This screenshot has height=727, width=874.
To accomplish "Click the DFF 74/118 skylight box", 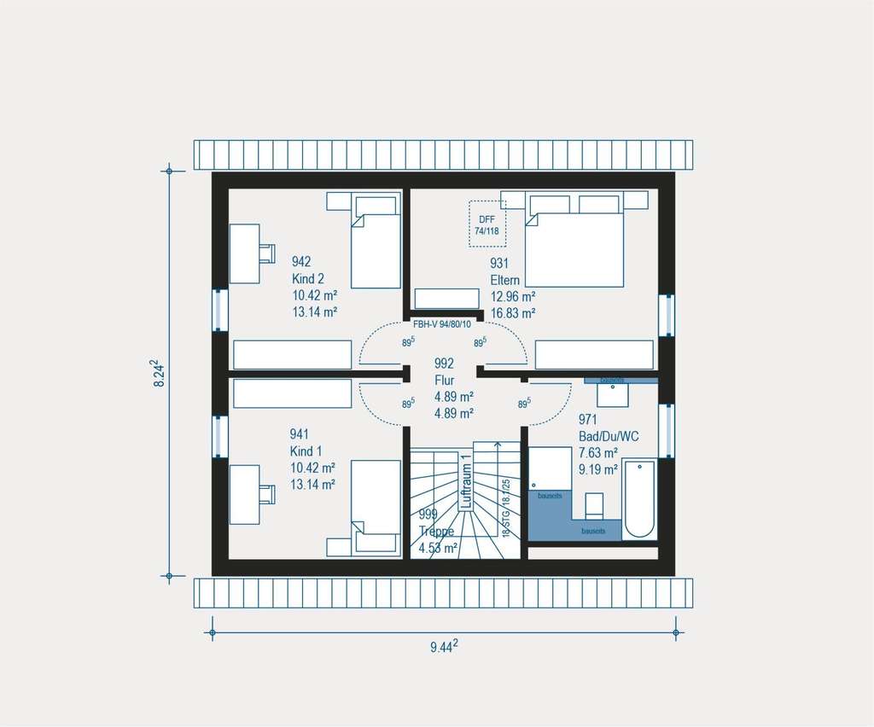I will click(x=487, y=224).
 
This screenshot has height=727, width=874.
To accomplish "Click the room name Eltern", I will click(x=504, y=280).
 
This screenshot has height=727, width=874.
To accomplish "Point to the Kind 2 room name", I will click(x=307, y=279).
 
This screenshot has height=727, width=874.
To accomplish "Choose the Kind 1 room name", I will click(x=306, y=451).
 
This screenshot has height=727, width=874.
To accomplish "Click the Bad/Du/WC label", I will click(x=608, y=436).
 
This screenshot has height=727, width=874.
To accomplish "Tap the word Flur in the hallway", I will click(x=444, y=381).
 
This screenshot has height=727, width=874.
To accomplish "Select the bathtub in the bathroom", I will click(x=638, y=499).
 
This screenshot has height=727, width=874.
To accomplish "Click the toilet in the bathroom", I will click(x=594, y=505).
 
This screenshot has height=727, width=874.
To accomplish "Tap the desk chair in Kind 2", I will click(x=267, y=253).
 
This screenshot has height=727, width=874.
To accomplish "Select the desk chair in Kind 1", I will click(x=267, y=494).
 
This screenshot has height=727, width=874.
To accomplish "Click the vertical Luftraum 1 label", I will click(x=466, y=482).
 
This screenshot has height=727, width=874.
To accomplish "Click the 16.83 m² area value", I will click(x=512, y=313).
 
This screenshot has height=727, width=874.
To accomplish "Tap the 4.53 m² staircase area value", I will click(x=438, y=547).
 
